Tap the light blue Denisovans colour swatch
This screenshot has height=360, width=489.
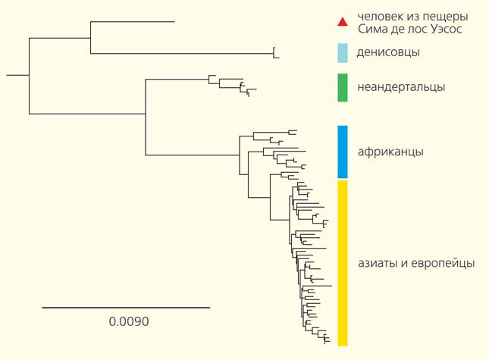pos(342,53)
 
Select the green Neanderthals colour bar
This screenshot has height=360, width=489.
pos(342,87)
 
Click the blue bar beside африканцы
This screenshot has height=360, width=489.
pos(342,152)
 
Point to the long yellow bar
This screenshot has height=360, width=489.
pos(342,263)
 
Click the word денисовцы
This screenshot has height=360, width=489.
pos(387,53)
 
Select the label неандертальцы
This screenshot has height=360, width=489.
pos(400,87)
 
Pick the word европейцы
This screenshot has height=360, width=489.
pos(443,264)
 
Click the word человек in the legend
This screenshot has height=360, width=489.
pos(381,17)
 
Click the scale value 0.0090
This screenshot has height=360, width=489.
pos(129,321)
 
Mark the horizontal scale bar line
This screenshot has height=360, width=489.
pos(126,308)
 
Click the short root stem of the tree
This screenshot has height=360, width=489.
pos(17,75)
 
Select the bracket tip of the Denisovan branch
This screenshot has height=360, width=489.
pos(276,53)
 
